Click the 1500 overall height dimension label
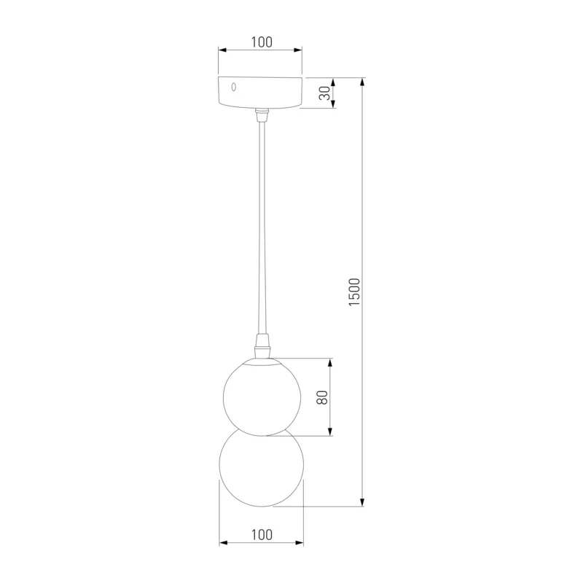[x=355, y=292]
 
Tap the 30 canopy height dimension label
[x=324, y=93]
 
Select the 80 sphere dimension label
[x=322, y=397]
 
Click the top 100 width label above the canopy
[x=262, y=42]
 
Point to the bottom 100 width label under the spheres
[x=262, y=535]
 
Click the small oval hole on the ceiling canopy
[x=233, y=87]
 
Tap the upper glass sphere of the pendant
[x=262, y=396]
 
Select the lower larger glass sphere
[x=262, y=468]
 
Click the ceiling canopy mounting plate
[x=260, y=93]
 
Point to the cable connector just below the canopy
[x=262, y=115]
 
